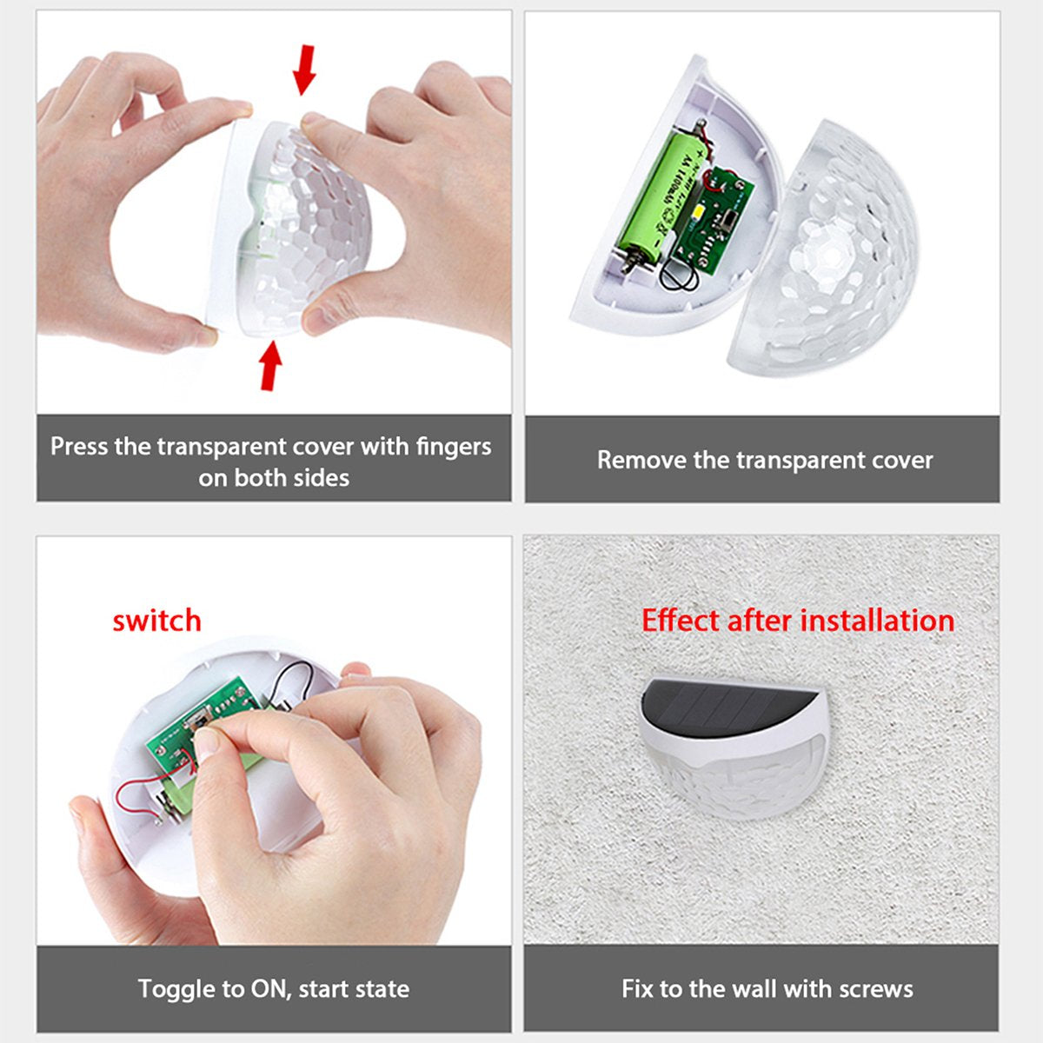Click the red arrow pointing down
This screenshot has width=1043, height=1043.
(x=303, y=70)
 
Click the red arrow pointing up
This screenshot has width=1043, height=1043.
(x=271, y=364)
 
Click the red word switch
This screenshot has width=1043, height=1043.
(x=156, y=621)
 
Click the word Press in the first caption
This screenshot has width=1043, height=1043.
(x=79, y=447)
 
